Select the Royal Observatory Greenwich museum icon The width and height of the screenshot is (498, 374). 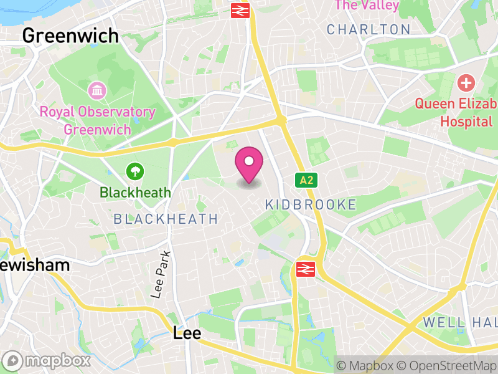click(97, 91)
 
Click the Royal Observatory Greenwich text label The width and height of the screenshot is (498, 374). click(97, 121)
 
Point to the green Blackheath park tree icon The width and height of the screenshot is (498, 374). click(134, 170)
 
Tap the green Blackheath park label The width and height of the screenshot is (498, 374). click(134, 192)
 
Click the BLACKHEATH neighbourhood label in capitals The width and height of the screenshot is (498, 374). click(166, 219)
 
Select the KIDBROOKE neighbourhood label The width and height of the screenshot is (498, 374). click(311, 204)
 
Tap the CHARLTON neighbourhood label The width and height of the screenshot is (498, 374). click(369, 29)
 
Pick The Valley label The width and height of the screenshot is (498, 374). click(366, 6)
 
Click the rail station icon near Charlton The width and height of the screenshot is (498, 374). click(240, 10)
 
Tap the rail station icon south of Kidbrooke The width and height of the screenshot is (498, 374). click(304, 269)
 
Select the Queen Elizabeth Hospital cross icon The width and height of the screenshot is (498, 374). click(466, 82)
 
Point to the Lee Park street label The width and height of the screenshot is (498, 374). click(161, 275)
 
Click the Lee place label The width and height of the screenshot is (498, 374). click(187, 333)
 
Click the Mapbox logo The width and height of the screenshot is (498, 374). click(47, 361)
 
